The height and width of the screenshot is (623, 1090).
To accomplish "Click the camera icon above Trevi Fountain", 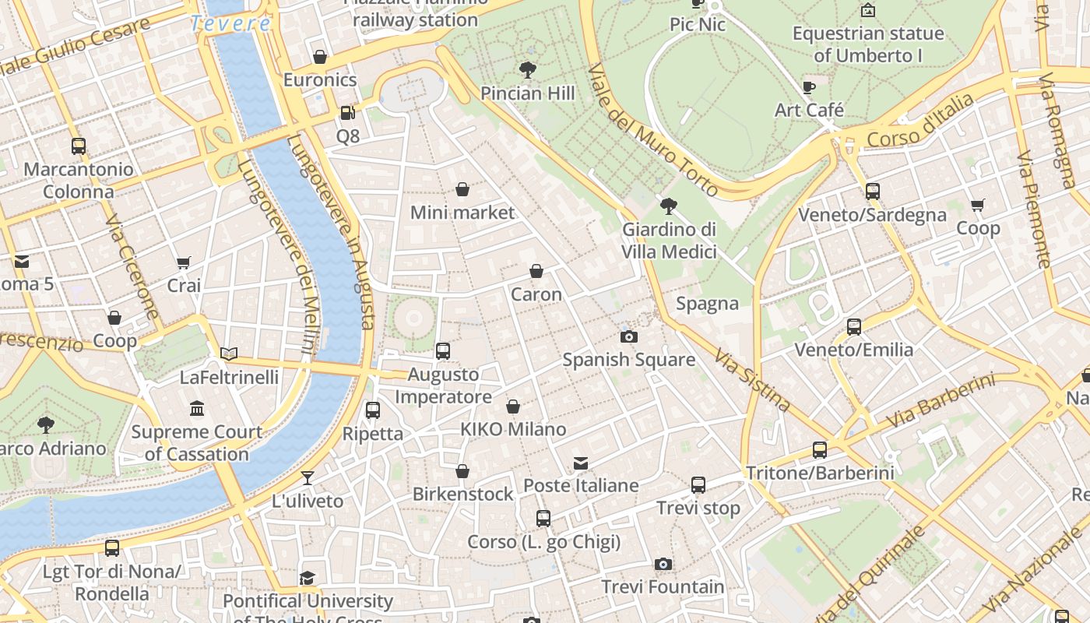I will (663, 564).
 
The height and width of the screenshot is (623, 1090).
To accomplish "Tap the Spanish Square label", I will (629, 360).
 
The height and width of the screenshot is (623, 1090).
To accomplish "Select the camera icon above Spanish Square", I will (629, 336).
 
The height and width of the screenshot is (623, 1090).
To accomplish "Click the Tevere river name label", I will (230, 23).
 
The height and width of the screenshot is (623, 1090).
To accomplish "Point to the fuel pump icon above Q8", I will (347, 113).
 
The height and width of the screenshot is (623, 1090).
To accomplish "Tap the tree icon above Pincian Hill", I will (528, 70).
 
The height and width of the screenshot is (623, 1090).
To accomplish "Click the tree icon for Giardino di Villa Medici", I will (668, 206).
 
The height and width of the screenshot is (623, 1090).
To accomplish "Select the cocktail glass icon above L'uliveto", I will (308, 477).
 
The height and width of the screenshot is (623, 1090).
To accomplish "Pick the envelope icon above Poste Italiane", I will (581, 463).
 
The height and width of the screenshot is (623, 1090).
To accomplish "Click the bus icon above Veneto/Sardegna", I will (873, 192).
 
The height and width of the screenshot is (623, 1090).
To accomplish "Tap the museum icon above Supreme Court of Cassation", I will (197, 408).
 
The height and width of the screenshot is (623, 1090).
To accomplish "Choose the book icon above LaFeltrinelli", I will (229, 354).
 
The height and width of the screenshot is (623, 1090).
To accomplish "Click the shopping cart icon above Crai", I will (184, 262).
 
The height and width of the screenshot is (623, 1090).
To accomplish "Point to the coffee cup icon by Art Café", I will (809, 86).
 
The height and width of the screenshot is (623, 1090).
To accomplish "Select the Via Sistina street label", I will (753, 380).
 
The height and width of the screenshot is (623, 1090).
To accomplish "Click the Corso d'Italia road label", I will (920, 121).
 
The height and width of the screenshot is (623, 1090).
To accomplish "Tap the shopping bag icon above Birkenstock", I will (462, 471).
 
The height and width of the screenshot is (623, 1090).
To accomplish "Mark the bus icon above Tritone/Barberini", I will (820, 449).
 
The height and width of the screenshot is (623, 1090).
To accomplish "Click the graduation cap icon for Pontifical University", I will (308, 578).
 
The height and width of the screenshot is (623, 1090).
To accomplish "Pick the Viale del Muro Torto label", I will (652, 129).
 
